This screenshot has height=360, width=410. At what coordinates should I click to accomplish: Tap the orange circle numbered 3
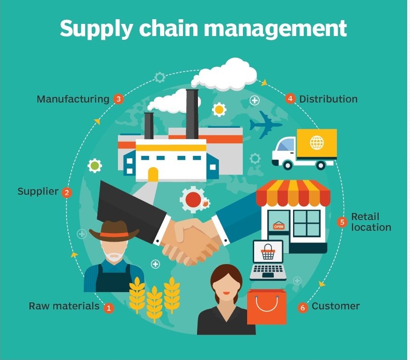click(118, 99)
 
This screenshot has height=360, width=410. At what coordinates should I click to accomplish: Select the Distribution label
click(328, 99)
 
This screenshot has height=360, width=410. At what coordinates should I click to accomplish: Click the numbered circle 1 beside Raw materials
click(109, 308)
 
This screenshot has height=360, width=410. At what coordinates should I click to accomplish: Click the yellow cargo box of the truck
click(316, 143)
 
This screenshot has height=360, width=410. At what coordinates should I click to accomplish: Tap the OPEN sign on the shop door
click(278, 227)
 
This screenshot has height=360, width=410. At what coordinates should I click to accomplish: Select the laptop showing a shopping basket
click(268, 260)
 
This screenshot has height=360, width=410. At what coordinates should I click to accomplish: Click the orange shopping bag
click(266, 306)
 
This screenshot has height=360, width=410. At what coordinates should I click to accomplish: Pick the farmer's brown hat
click(114, 230)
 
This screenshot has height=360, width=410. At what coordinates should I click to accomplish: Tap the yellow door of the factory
click(153, 174)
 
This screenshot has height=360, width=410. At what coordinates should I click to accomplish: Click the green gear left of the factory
click(95, 165)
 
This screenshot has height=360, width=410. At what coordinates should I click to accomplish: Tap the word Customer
click(336, 306)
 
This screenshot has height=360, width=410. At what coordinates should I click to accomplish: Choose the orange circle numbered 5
click(342, 222)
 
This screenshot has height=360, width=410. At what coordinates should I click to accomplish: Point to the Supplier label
click(38, 191)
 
